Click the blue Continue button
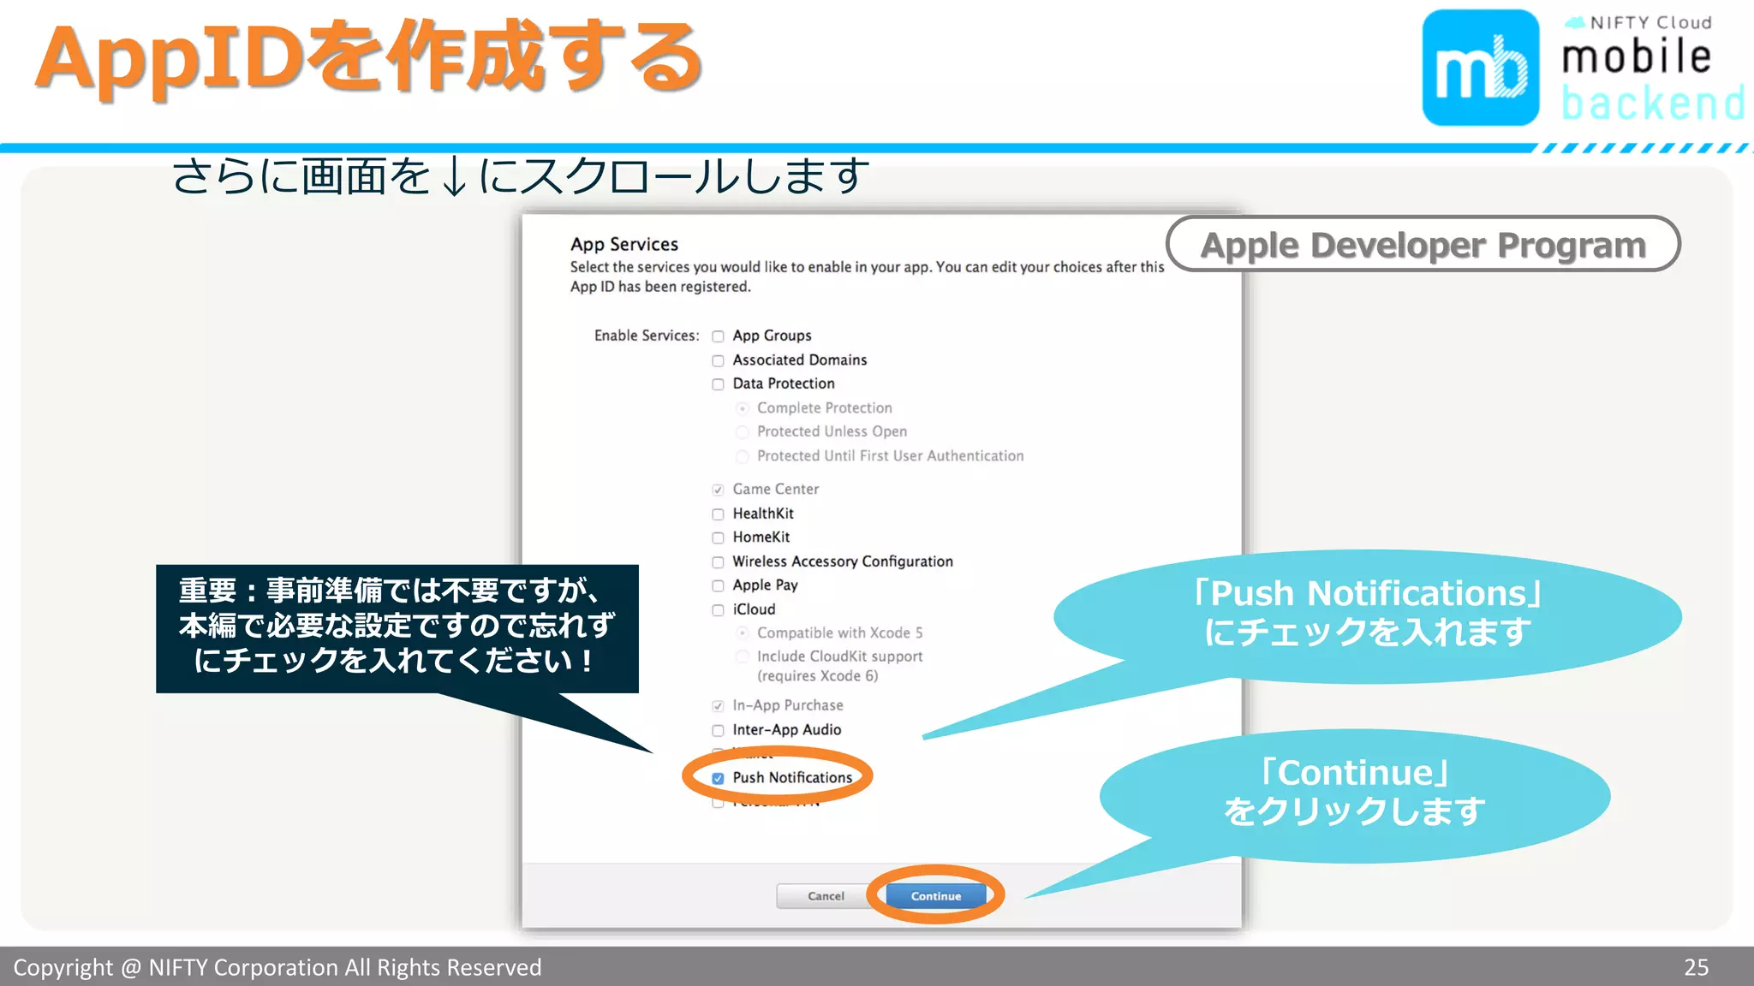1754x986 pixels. (935, 896)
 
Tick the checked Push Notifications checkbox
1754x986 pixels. (718, 779)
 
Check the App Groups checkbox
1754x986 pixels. (718, 336)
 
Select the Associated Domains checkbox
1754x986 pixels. (718, 360)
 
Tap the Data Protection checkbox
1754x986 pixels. (718, 384)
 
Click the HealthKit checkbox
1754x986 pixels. (718, 514)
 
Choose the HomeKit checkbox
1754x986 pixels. (718, 538)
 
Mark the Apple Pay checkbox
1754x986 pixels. (718, 586)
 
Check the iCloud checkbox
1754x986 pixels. (718, 610)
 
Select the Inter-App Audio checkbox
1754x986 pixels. (718, 731)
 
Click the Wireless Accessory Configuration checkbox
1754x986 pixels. (718, 562)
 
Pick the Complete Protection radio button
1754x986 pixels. (743, 408)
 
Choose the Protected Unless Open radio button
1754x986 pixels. (743, 432)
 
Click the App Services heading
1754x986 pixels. (624, 245)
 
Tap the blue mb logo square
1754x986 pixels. (1480, 68)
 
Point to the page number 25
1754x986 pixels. (1696, 967)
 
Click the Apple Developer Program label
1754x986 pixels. (1423, 245)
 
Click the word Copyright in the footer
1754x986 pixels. (63, 967)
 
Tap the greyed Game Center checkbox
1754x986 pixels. (718, 490)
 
